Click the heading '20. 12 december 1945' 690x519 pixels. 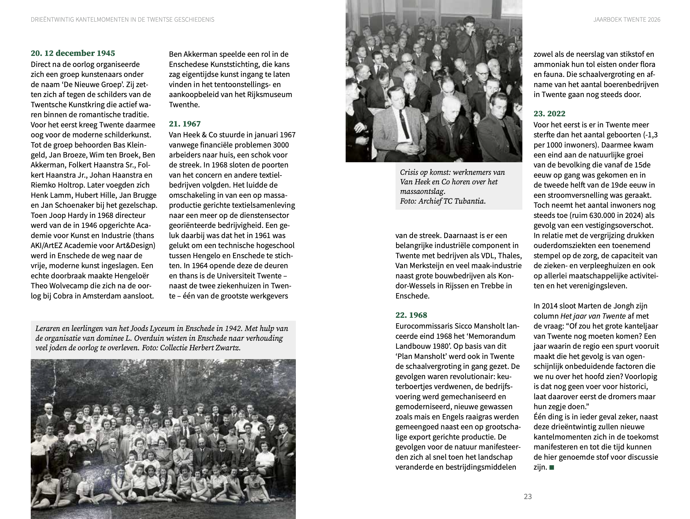tap(73, 53)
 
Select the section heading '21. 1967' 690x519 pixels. tap(185, 124)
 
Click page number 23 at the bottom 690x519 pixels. tap(528, 496)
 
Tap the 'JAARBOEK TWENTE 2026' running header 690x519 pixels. tap(627, 20)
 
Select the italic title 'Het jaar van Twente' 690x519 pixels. tap(593, 316)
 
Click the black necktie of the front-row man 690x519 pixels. tap(405, 125)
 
